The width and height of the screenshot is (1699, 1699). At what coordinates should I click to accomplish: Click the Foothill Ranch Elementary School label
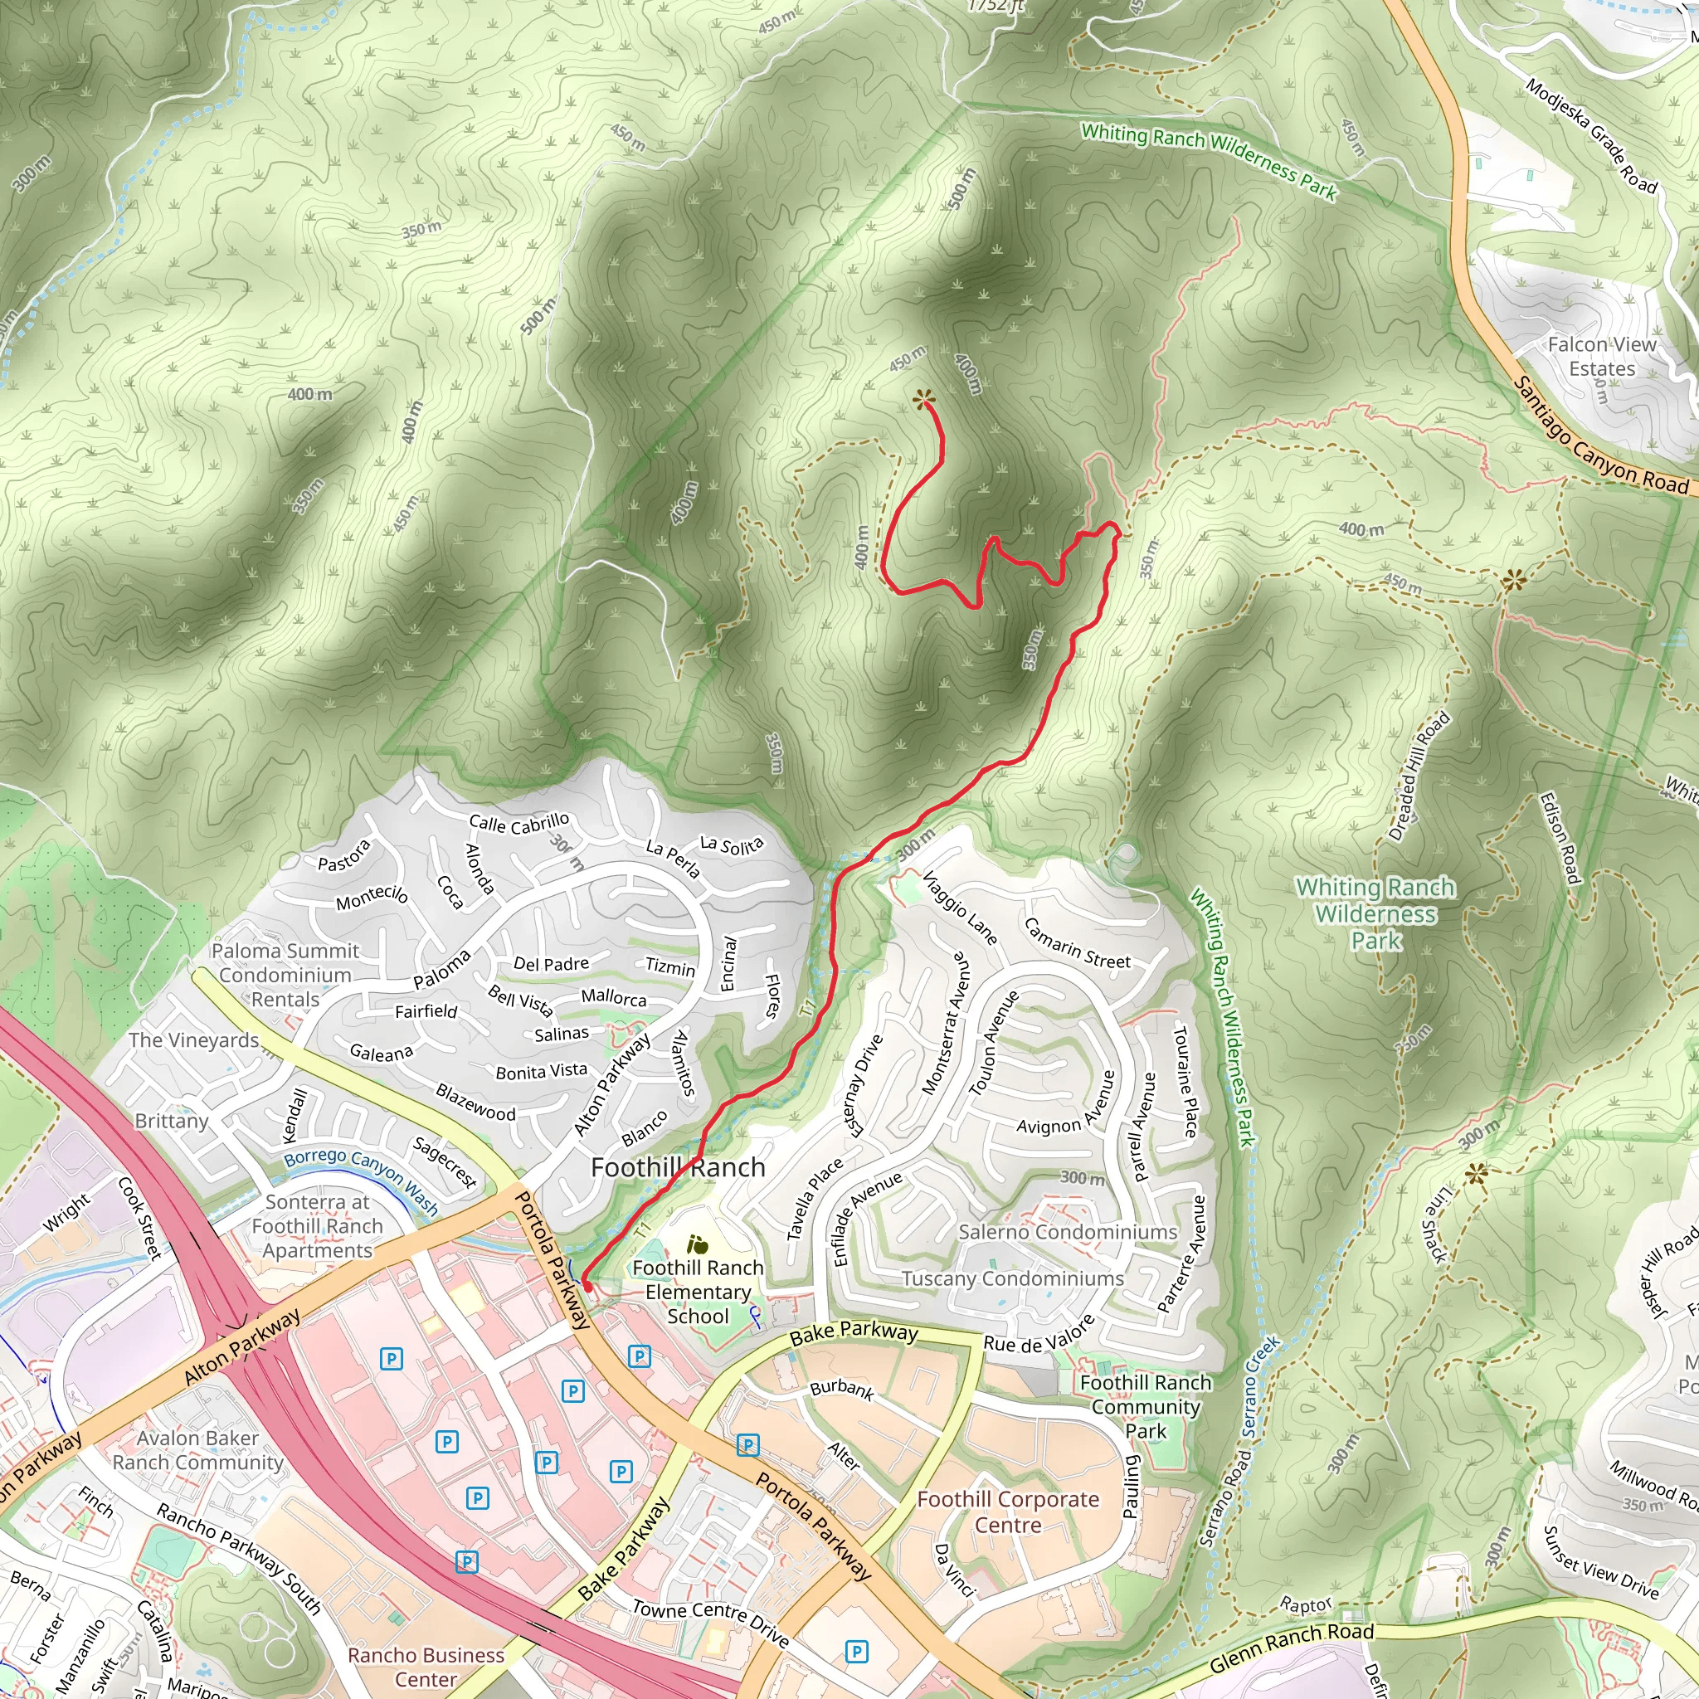[x=698, y=1291]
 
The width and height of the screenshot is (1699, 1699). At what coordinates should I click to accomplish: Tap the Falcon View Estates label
[x=1601, y=356]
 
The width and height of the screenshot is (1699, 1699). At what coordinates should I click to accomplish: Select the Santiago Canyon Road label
[x=1600, y=437]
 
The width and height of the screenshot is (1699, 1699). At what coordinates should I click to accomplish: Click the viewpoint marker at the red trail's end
[x=923, y=400]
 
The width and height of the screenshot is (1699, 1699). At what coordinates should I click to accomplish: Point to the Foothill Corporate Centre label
[x=1008, y=1512]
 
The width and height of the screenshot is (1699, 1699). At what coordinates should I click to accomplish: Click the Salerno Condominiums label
[x=1067, y=1232]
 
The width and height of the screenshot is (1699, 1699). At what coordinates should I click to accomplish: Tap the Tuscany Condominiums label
[x=1012, y=1278]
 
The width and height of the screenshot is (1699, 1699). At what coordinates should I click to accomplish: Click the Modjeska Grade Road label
[x=1590, y=136]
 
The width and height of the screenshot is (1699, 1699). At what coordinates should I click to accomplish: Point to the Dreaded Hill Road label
[x=1418, y=776]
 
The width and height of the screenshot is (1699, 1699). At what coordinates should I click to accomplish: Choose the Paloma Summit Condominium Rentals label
[x=285, y=975]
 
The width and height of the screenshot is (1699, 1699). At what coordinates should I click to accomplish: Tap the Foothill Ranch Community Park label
[x=1145, y=1406]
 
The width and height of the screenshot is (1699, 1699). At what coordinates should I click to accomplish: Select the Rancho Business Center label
[x=426, y=1667]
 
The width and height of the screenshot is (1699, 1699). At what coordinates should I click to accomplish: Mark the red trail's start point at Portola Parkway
[x=587, y=1287]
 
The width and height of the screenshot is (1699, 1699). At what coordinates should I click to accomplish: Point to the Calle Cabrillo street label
[x=518, y=823]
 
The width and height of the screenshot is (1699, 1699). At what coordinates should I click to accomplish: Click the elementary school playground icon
[x=699, y=1244]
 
